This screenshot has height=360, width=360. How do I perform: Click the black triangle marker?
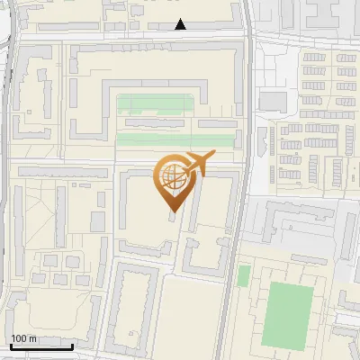click(x=181, y=24)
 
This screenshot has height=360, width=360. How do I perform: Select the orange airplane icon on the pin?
click(x=199, y=162)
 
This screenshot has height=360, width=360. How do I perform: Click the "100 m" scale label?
click(x=24, y=338)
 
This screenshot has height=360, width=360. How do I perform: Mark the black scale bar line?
click(x=41, y=346)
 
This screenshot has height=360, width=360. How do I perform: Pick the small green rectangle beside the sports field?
click(x=243, y=275)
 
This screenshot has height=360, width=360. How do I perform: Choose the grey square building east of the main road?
click(x=272, y=100)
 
